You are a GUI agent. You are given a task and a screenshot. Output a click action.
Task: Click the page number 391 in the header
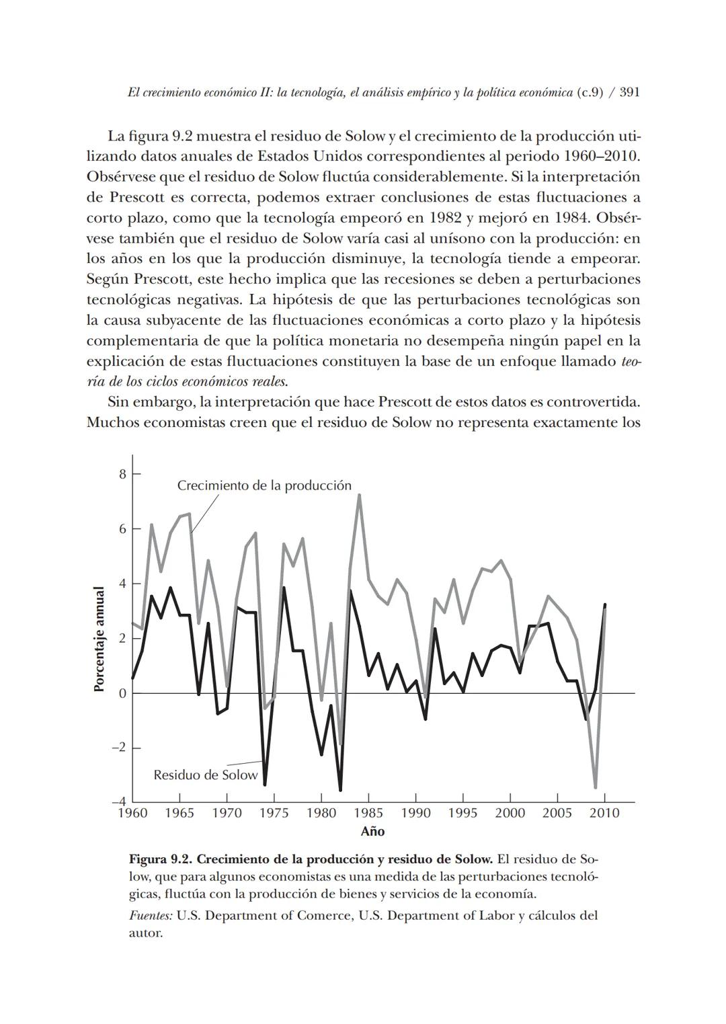629,93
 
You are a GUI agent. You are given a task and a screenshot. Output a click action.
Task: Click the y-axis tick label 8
122,474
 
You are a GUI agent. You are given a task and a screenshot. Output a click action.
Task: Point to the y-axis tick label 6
122,529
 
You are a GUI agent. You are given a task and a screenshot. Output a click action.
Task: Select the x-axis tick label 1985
368,813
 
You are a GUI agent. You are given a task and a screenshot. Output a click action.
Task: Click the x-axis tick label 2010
604,813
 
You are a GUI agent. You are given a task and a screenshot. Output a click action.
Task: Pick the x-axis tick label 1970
227,813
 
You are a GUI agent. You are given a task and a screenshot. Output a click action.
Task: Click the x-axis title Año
372,832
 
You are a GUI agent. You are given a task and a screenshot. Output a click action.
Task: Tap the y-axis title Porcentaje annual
99,639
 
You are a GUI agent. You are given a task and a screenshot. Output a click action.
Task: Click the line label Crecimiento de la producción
264,485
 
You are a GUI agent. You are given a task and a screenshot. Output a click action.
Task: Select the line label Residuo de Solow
205,775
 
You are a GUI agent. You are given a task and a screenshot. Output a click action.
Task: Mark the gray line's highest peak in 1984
360,496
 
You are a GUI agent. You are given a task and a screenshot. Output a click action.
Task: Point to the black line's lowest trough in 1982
340,789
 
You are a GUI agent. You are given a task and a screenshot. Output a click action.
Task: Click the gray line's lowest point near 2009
596,787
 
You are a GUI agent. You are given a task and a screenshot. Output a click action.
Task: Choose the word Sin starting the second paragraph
118,402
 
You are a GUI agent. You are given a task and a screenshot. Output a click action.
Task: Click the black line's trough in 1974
265,784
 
